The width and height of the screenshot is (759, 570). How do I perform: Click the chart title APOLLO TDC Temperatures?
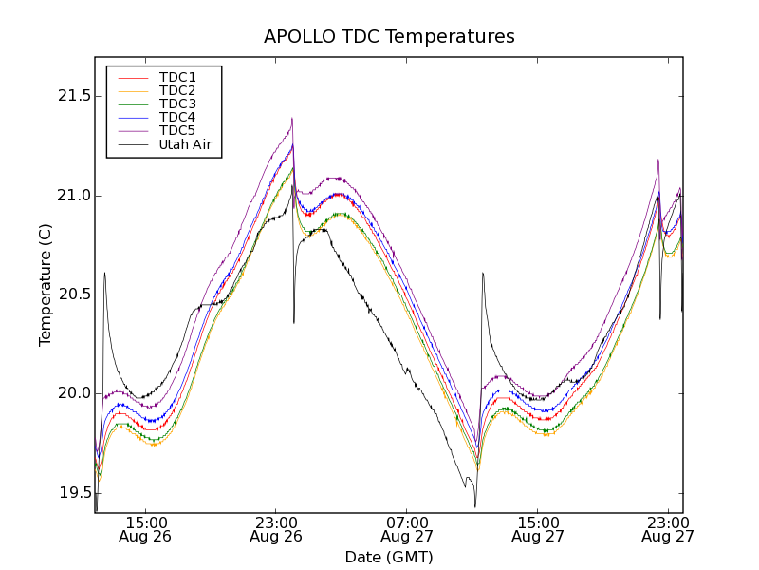(389, 37)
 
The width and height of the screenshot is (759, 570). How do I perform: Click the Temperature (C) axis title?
(46, 285)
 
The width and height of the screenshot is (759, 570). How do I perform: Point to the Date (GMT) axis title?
(389, 557)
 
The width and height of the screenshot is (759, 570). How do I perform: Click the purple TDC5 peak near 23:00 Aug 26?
(292, 119)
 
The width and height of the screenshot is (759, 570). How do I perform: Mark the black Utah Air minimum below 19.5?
(475, 505)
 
